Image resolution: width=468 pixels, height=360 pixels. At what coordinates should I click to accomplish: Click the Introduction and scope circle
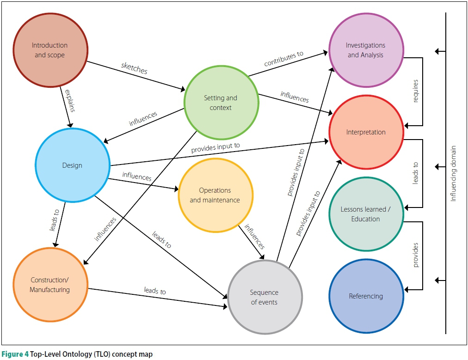[50, 50]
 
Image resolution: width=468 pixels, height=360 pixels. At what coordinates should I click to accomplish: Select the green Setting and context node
[221, 103]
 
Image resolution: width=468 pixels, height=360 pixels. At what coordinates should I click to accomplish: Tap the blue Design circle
[72, 165]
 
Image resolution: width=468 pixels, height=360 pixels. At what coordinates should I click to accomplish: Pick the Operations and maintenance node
[215, 195]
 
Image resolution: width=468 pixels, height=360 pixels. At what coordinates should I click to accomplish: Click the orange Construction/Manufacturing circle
[50, 285]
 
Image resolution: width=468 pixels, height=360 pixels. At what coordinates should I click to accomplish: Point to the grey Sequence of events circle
[265, 297]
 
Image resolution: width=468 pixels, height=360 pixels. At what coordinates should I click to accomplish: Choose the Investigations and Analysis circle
[366, 50]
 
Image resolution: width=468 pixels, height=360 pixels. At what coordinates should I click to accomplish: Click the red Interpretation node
[366, 132]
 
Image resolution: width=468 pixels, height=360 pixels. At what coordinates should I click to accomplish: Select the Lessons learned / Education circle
[366, 214]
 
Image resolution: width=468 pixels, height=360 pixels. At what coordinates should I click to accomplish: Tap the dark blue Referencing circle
[366, 296]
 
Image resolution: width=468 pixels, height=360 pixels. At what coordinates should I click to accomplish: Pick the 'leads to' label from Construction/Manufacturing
[154, 291]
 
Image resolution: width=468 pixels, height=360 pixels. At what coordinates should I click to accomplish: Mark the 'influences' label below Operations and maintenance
[255, 237]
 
